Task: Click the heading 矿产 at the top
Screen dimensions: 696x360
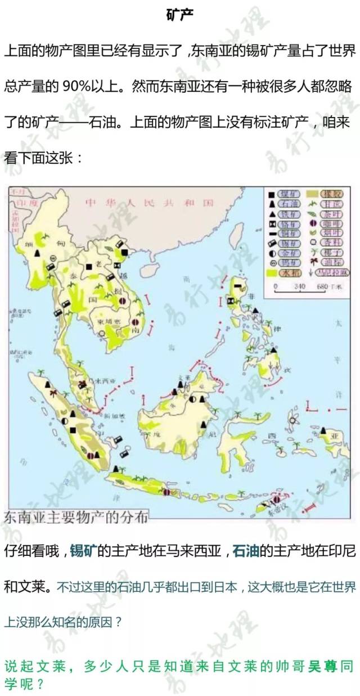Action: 180,15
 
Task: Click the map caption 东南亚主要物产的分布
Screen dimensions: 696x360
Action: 76,517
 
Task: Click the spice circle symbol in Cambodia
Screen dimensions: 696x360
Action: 101,333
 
